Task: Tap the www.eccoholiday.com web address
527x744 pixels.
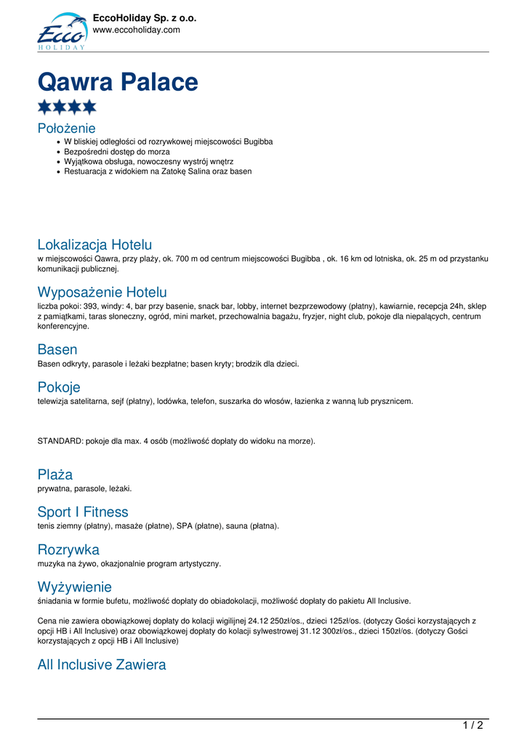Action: [x=136, y=30]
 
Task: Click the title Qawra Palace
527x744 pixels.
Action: [x=118, y=82]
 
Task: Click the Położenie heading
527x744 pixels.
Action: [x=67, y=128]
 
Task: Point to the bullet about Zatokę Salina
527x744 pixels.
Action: [x=158, y=171]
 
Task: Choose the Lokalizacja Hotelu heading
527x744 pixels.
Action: [x=94, y=244]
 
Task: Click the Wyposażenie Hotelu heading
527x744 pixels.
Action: [x=102, y=292]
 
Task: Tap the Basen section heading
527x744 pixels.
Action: [x=57, y=349]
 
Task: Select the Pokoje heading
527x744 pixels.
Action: [x=59, y=387]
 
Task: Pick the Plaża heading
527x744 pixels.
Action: [x=55, y=474]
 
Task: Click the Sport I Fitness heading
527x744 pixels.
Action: [x=83, y=511]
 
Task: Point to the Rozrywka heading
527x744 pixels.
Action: [x=68, y=549]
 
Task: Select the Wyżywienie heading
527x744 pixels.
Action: [x=75, y=586]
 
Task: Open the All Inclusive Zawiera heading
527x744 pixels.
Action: [x=102, y=664]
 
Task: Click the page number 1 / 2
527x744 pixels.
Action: [x=472, y=724]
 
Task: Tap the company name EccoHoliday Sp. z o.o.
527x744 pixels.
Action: [x=145, y=18]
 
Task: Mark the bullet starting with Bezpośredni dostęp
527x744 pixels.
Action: [x=117, y=151]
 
